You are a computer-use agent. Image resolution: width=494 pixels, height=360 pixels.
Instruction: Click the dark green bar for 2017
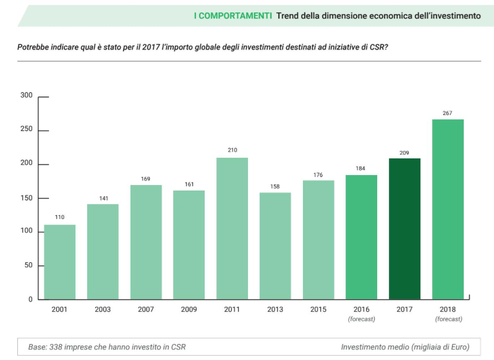point(404,229)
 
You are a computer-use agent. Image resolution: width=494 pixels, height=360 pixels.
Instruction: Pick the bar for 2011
point(232,228)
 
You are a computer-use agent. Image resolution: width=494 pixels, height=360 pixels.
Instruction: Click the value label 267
point(448,113)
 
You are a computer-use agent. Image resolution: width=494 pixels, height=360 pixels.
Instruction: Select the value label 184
point(361,168)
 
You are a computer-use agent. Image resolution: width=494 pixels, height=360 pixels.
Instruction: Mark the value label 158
point(275,186)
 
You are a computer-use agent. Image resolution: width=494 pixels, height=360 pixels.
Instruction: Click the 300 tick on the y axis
point(26,95)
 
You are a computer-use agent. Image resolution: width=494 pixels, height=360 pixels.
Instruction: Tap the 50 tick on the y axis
point(28,265)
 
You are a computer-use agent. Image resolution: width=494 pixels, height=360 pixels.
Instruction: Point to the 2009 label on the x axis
point(189,309)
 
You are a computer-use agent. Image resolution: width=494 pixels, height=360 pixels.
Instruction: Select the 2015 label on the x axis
point(318,309)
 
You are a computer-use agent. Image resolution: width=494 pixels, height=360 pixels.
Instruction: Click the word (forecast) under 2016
point(361,319)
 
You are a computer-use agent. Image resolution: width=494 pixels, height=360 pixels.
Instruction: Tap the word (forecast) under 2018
point(448,319)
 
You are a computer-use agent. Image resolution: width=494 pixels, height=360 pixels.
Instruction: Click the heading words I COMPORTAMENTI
point(232,15)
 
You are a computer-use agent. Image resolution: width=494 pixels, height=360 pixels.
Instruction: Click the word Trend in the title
point(289,15)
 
